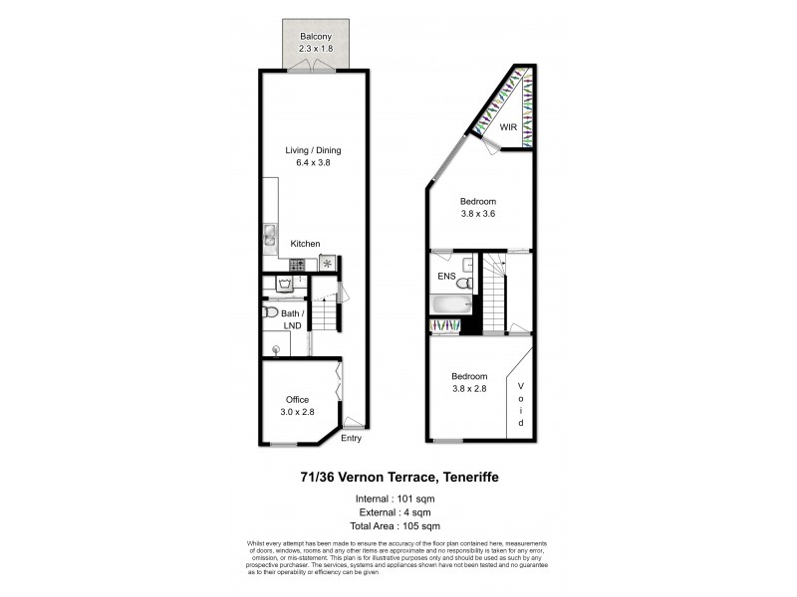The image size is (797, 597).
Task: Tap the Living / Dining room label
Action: pyautogui.click(x=313, y=150)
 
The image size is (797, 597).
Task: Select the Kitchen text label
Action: pyautogui.click(x=305, y=243)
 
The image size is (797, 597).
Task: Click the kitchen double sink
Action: pyautogui.click(x=270, y=237)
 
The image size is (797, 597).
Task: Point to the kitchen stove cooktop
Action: pyautogui.click(x=296, y=264)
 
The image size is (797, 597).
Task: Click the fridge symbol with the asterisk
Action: pyautogui.click(x=328, y=264)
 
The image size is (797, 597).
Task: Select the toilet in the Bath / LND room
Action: pyautogui.click(x=270, y=313)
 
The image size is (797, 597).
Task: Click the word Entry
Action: pyautogui.click(x=352, y=439)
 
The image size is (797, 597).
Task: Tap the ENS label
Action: pyautogui.click(x=446, y=276)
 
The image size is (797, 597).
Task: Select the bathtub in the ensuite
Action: pyautogui.click(x=449, y=304)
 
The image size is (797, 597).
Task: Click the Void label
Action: pyautogui.click(x=520, y=404)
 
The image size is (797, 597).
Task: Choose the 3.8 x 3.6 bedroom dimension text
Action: pyautogui.click(x=477, y=212)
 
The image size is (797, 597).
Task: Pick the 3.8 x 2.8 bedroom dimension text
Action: pyautogui.click(x=468, y=389)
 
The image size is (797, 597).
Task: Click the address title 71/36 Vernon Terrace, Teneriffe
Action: pyautogui.click(x=398, y=479)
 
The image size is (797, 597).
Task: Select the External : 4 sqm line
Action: pyautogui.click(x=398, y=511)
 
